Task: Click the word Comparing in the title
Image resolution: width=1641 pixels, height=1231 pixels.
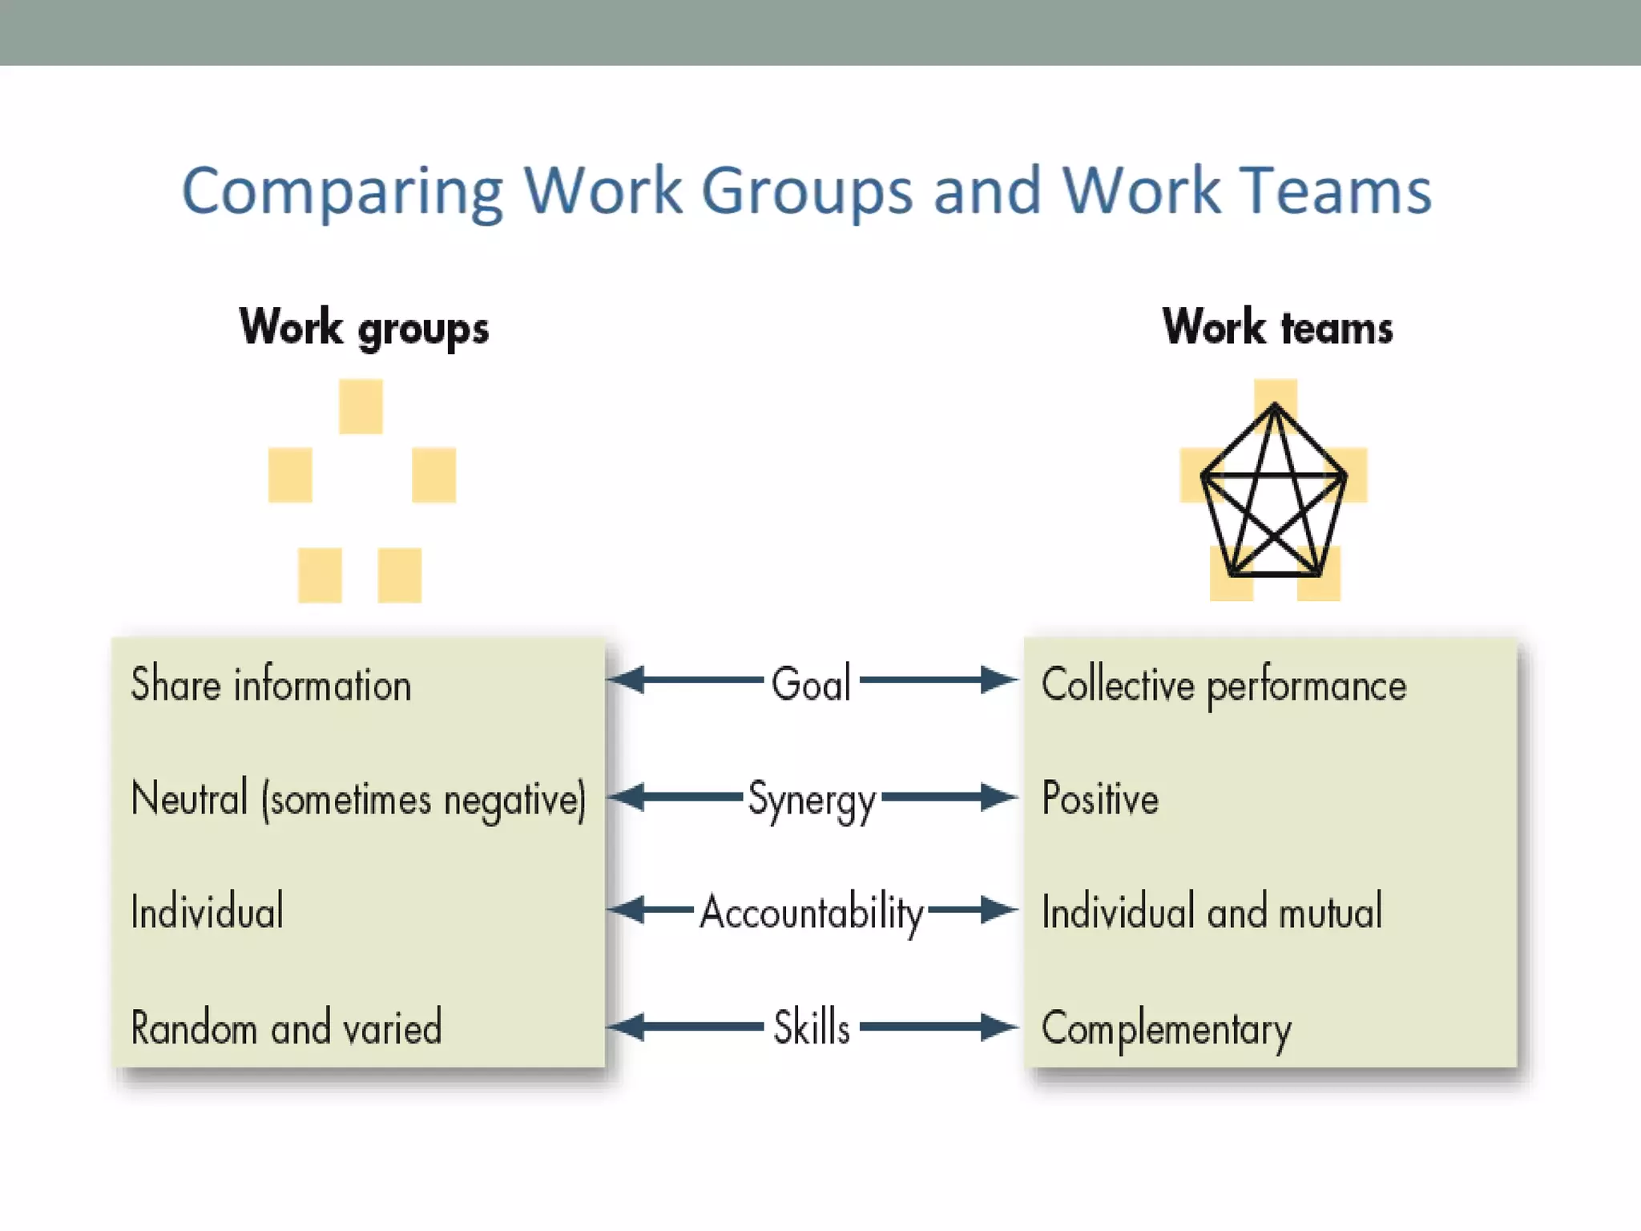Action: point(342,192)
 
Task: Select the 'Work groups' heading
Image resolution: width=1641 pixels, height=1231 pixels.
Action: point(364,327)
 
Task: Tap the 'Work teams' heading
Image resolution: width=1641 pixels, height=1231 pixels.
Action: point(1277,327)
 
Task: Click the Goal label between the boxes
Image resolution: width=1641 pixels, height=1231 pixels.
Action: point(810,684)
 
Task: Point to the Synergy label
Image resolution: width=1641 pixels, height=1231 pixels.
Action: point(811,800)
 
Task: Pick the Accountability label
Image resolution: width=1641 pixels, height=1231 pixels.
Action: point(811,912)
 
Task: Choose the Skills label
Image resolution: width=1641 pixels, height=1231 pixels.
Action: point(811,1027)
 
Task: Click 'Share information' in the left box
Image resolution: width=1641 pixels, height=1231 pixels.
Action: point(271,685)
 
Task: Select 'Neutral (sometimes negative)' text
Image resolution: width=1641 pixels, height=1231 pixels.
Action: point(358,799)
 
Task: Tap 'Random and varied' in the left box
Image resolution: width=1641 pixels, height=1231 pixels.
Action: point(286,1027)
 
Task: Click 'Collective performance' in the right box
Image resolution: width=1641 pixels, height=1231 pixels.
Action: point(1224,686)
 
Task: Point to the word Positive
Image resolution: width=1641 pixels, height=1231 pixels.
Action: point(1099,798)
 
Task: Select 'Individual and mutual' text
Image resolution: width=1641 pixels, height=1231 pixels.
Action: point(1212,912)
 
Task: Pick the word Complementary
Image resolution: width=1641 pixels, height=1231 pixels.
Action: point(1166,1029)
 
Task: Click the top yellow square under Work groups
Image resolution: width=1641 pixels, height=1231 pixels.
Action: point(361,406)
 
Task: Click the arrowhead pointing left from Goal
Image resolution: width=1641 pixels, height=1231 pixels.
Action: point(627,680)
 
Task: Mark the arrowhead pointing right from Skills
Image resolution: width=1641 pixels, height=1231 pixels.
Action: point(998,1027)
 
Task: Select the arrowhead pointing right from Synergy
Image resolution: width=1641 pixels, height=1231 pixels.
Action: point(998,797)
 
